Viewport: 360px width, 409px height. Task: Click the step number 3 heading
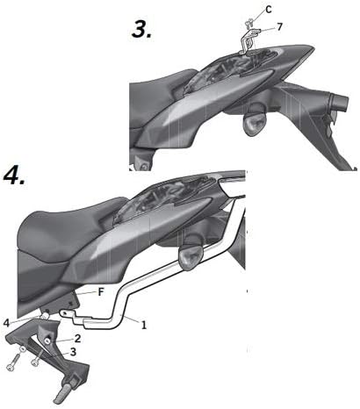click(141, 30)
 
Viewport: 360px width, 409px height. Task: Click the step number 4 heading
click(14, 176)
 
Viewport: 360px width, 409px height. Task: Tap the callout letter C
click(269, 10)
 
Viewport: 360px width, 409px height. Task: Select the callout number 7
click(279, 27)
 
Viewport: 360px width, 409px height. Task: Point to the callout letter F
click(100, 292)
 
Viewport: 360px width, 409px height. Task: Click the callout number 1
click(143, 325)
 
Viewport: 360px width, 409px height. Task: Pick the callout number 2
click(77, 339)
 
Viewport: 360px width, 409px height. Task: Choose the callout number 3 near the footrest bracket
click(73, 352)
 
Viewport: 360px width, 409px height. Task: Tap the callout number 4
click(7, 323)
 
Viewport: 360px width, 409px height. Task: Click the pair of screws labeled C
click(249, 22)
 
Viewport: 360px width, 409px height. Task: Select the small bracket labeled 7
click(248, 41)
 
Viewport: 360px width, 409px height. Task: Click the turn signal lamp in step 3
click(255, 123)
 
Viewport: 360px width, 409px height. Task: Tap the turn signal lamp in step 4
click(191, 256)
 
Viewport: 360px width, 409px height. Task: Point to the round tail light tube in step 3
click(338, 102)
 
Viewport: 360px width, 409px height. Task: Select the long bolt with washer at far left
click(16, 359)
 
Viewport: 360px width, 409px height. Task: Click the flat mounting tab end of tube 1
click(67, 314)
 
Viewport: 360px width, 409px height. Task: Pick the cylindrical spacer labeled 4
click(45, 317)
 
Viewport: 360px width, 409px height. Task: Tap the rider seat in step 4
click(70, 228)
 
